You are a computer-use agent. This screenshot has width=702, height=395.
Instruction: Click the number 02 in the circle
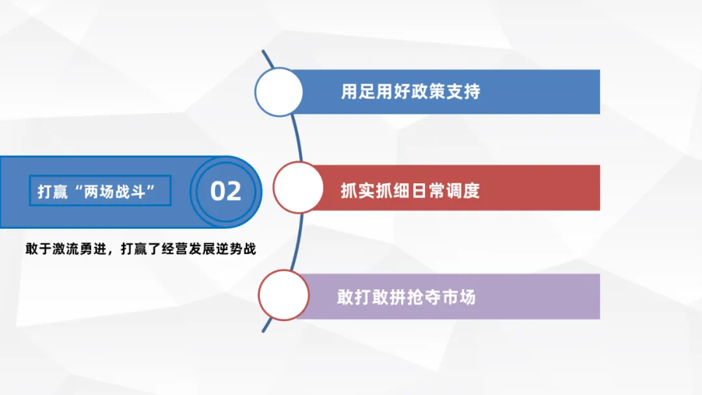tap(226, 192)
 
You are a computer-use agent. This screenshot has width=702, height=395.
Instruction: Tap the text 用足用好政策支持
tap(410, 92)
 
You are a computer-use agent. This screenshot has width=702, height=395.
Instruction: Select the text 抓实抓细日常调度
tap(410, 191)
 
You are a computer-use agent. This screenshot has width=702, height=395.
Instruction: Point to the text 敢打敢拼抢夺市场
tap(406, 297)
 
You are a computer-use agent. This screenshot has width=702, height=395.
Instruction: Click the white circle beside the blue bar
tap(278, 92)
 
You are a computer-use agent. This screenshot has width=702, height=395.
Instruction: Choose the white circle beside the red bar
tap(298, 188)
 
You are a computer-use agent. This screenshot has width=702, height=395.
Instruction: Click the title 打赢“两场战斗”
tap(99, 192)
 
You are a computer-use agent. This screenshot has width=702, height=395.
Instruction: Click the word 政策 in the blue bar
tap(428, 92)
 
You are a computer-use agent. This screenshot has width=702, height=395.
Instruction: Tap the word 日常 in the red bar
tap(428, 191)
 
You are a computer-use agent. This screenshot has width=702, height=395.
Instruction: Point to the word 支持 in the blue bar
tap(463, 92)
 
